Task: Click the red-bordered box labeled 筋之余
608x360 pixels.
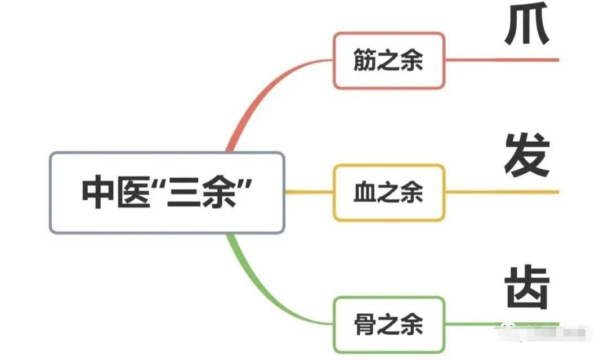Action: click(x=388, y=61)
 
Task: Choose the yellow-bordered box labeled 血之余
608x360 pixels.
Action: click(x=388, y=193)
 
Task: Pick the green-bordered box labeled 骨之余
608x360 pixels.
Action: click(x=388, y=325)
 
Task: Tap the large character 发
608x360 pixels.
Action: click(x=526, y=155)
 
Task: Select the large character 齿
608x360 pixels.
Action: click(x=526, y=287)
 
